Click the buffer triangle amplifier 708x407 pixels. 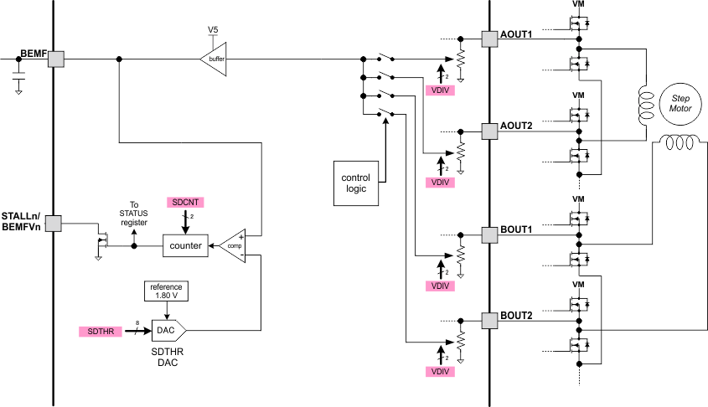coord(214,59)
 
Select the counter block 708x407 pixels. coord(184,246)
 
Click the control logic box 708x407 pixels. coord(355,183)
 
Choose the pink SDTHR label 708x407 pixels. coord(100,332)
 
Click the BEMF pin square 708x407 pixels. coord(55,59)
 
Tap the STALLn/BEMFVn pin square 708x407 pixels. coord(53,224)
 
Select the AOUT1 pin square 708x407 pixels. coord(489,39)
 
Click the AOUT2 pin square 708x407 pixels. coord(489,131)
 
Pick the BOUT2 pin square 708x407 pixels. coord(489,320)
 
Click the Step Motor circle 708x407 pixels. coord(679,104)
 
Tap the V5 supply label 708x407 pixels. coord(214,31)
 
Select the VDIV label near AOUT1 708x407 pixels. coord(440,90)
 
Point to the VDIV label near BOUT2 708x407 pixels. coord(440,371)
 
